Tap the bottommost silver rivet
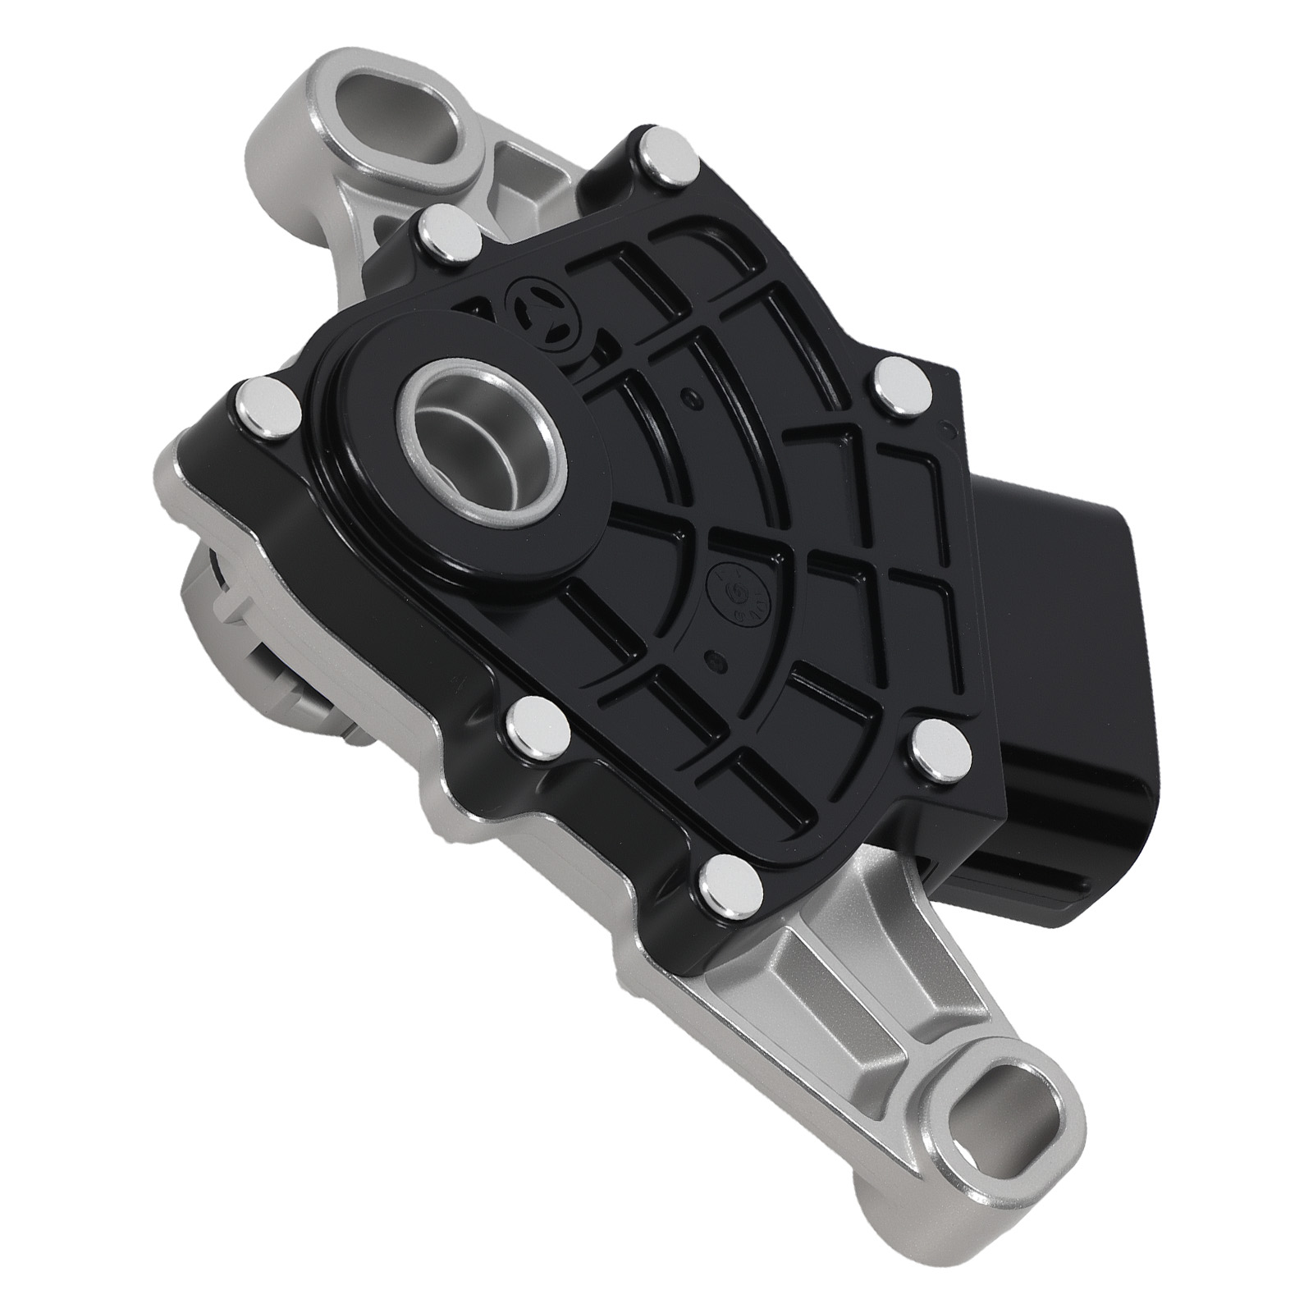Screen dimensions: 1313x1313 [725, 879]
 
